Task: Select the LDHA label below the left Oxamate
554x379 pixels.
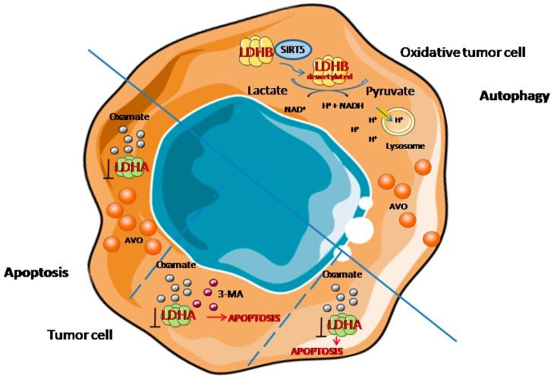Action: (x=132, y=168)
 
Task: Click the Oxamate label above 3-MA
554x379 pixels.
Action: (x=172, y=266)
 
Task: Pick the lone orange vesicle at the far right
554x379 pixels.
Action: (x=432, y=238)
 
